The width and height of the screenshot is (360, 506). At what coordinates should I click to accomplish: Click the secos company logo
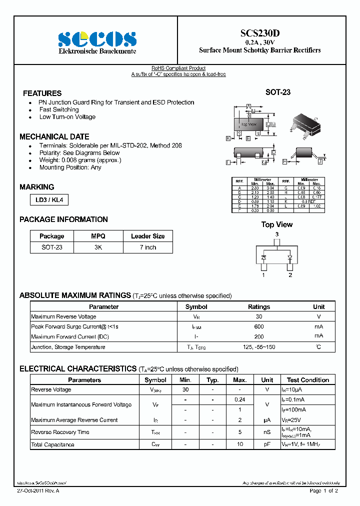point(97,38)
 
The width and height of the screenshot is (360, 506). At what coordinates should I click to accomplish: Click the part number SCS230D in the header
point(259,33)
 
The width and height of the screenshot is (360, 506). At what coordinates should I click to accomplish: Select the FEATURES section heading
point(42,93)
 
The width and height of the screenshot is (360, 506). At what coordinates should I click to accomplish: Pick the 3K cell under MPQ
point(98,247)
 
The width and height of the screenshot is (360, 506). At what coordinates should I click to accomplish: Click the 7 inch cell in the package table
point(147,247)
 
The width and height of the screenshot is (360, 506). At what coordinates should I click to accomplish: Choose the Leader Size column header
point(147,236)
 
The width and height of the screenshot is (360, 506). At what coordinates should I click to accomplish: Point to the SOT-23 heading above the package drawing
point(277,92)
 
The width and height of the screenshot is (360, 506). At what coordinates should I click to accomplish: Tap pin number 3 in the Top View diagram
point(276,234)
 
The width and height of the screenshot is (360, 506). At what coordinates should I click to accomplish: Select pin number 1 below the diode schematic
point(263,274)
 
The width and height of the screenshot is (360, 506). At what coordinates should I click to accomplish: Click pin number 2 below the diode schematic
point(290,274)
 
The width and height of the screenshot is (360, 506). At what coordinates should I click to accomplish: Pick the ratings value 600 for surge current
point(258,326)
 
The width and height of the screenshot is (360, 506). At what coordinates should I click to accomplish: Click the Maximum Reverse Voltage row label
point(63,316)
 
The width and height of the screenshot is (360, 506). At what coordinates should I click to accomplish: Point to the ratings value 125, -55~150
point(258,347)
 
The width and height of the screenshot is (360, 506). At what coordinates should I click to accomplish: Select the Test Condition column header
point(307,380)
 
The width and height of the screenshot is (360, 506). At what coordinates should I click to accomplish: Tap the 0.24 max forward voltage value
point(239,399)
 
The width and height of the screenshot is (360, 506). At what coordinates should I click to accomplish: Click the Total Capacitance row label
point(52,444)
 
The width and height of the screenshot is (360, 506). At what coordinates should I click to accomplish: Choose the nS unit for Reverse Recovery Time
point(267,432)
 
